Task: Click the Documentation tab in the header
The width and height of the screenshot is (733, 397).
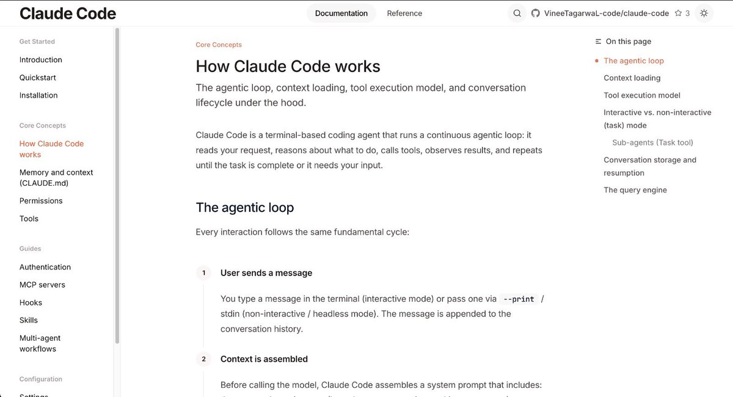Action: click(x=341, y=13)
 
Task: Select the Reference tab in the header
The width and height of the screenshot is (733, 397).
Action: click(x=404, y=13)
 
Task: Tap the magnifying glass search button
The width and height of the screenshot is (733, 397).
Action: click(x=517, y=13)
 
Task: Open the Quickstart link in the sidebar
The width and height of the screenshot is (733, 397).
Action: click(x=38, y=78)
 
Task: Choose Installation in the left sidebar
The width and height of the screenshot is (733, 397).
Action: click(x=38, y=95)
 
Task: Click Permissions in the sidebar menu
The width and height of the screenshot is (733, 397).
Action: click(x=41, y=201)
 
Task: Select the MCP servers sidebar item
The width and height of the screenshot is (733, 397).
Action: click(x=42, y=285)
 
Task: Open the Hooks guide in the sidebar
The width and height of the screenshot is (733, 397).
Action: click(x=31, y=302)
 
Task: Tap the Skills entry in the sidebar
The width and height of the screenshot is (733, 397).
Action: click(x=29, y=320)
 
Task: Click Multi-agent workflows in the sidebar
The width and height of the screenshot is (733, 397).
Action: click(x=40, y=343)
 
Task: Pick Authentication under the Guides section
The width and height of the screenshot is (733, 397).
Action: click(x=45, y=267)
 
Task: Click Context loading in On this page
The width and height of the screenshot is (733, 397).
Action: click(x=632, y=78)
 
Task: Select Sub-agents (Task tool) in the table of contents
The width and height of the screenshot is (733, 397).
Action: click(x=652, y=142)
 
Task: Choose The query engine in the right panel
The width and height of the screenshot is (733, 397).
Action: click(x=635, y=190)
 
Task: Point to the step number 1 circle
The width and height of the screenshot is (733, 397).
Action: click(x=204, y=273)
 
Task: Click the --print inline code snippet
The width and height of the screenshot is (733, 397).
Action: click(x=518, y=299)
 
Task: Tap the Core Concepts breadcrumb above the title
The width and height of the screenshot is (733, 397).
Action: click(x=219, y=45)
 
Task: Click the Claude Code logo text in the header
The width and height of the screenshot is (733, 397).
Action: click(x=68, y=13)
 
